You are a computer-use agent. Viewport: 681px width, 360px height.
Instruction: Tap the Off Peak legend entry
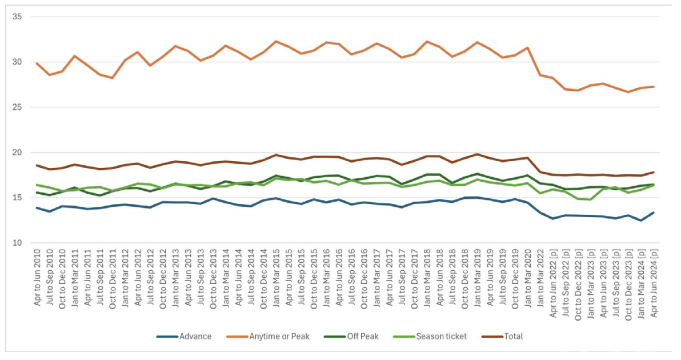(363, 337)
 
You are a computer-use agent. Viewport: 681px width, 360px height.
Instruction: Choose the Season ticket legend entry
(439, 337)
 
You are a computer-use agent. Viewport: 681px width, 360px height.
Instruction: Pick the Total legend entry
(513, 337)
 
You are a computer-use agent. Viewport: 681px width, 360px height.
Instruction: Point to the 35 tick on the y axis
(17, 17)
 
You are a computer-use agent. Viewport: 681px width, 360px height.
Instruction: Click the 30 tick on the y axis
(17, 62)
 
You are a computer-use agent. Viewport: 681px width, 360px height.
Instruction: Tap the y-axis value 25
(17, 107)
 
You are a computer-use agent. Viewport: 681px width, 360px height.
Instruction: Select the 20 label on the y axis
(17, 153)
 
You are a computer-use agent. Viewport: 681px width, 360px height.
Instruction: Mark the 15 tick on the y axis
(17, 198)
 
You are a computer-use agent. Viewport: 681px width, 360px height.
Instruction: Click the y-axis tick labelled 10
(17, 243)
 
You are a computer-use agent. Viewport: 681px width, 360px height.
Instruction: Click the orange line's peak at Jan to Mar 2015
(276, 41)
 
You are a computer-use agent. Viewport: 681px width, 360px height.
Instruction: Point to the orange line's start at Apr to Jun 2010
(37, 63)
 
